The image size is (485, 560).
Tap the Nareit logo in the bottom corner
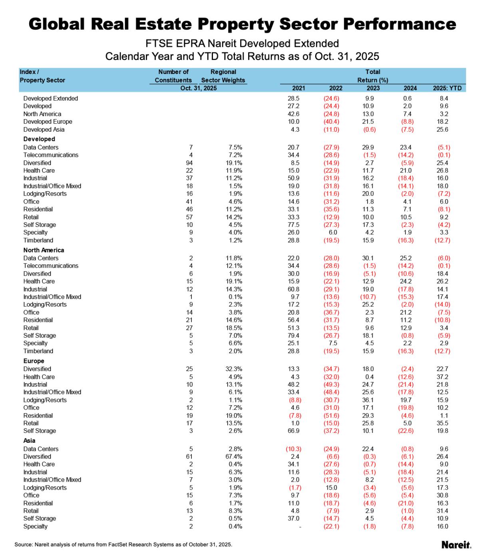(456, 544)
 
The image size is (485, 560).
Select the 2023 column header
(373, 88)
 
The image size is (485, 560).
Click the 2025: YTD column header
(447, 88)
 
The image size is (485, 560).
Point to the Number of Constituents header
(173, 76)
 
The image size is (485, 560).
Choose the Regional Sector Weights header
(223, 76)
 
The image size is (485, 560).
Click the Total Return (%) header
(373, 76)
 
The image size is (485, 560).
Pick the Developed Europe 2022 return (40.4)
(331, 122)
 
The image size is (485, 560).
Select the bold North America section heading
(44, 250)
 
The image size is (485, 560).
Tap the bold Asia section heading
(30, 440)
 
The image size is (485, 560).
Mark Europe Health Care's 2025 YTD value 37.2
(443, 377)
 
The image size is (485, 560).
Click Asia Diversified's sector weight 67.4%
(234, 456)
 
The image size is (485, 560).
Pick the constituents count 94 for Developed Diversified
(189, 163)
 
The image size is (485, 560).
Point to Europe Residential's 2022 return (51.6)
(331, 416)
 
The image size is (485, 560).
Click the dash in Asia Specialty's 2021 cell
(300, 527)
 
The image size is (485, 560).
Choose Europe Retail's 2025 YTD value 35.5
(443, 423)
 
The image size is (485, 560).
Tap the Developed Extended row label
(51, 98)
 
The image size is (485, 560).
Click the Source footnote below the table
(123, 544)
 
